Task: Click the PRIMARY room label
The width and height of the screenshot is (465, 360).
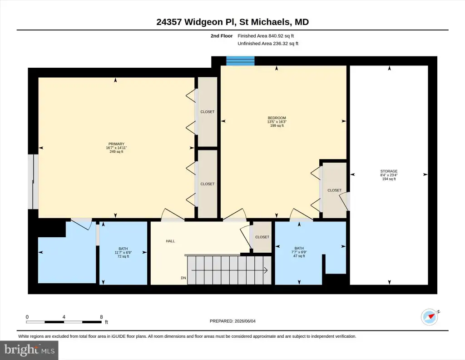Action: [x=116, y=144]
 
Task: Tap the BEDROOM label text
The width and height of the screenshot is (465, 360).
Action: [x=277, y=118]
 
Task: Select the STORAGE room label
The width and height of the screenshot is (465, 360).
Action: [x=389, y=171]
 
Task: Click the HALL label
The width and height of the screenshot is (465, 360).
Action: [x=170, y=241]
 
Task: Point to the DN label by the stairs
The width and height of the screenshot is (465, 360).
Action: [x=183, y=278]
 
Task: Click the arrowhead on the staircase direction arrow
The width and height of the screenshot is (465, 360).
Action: [x=266, y=270]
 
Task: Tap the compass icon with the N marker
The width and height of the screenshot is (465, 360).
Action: [x=430, y=317]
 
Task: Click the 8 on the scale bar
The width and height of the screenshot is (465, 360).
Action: [x=101, y=317]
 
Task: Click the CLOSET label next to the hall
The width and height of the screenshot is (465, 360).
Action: [x=262, y=237]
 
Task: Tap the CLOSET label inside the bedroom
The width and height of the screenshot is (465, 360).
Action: [x=334, y=190]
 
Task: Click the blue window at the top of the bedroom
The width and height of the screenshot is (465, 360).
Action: [x=240, y=61]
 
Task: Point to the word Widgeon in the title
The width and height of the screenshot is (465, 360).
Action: [x=203, y=22]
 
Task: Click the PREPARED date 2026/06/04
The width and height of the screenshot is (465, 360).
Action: [x=245, y=321]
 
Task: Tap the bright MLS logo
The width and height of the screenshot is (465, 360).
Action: [x=30, y=350]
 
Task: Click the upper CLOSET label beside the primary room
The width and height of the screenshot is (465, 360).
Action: [x=207, y=112]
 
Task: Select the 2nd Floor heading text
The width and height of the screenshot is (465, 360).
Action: [x=222, y=36]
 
